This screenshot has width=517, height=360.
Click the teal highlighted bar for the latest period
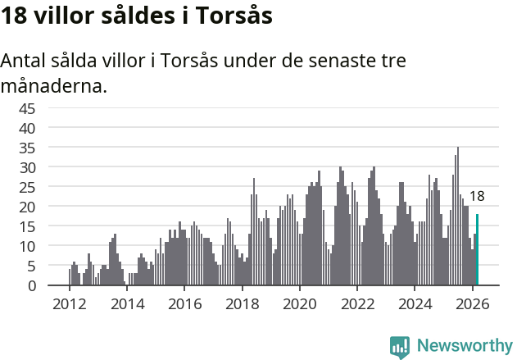click(x=477, y=250)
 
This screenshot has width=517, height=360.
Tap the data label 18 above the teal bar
click(x=477, y=197)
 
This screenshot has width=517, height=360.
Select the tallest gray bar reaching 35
click(x=458, y=216)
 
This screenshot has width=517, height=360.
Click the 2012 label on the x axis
click(x=69, y=303)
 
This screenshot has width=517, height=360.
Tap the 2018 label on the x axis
click(x=242, y=303)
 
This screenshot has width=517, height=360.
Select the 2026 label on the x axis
click(x=472, y=303)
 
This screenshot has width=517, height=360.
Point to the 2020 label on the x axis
click(x=299, y=303)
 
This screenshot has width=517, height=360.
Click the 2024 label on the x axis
click(x=415, y=303)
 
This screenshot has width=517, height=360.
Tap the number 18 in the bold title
click(x=14, y=16)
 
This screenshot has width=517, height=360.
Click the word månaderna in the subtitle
click(x=54, y=85)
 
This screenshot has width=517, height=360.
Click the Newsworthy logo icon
click(x=400, y=347)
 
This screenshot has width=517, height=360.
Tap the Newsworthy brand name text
click(x=464, y=346)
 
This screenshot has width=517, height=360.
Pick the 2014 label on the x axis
click(x=126, y=303)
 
